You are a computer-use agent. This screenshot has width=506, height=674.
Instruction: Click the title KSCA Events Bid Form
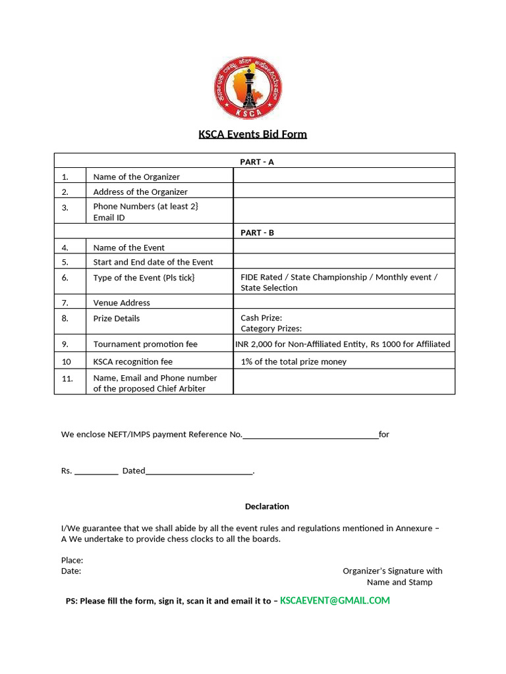tap(253, 134)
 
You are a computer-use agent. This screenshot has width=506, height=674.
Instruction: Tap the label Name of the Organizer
tap(136, 176)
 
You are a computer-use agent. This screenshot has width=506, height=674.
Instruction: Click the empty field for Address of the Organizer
tap(344, 191)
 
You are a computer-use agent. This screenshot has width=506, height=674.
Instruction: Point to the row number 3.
tap(65, 207)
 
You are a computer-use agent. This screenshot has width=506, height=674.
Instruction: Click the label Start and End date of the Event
tap(153, 262)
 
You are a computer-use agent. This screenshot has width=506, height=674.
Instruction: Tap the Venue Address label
tap(122, 303)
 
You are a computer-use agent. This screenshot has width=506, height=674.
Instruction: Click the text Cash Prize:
tap(262, 318)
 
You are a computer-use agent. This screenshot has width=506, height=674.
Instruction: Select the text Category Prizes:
tap(271, 328)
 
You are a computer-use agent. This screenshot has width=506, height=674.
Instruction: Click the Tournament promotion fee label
tap(146, 344)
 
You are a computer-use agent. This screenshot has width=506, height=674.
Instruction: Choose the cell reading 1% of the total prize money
tap(294, 361)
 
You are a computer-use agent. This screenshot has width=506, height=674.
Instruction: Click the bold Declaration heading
tap(267, 506)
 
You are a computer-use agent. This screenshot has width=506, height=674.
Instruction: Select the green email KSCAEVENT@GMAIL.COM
tap(335, 600)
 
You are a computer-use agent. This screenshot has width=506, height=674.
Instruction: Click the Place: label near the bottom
tap(72, 560)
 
